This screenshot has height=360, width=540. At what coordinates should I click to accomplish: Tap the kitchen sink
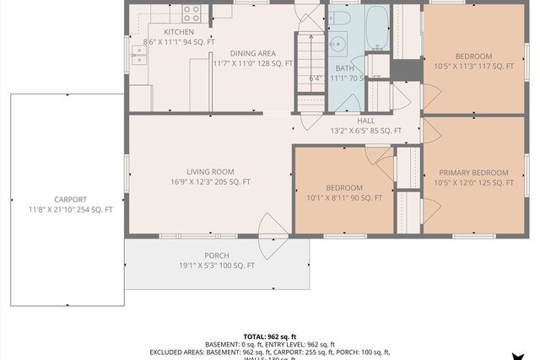138,56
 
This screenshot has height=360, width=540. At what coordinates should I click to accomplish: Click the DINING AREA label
252,52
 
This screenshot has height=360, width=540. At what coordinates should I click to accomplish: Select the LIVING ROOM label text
209,170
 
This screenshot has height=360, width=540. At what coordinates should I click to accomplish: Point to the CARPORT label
70,199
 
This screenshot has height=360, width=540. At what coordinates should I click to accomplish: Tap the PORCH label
217,255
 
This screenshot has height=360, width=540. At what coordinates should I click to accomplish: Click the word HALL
366,121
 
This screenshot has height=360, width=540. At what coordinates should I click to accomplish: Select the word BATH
344,68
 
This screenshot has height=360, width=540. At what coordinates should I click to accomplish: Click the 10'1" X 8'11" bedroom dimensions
344,198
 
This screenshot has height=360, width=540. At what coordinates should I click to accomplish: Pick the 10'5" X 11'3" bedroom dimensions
473,66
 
